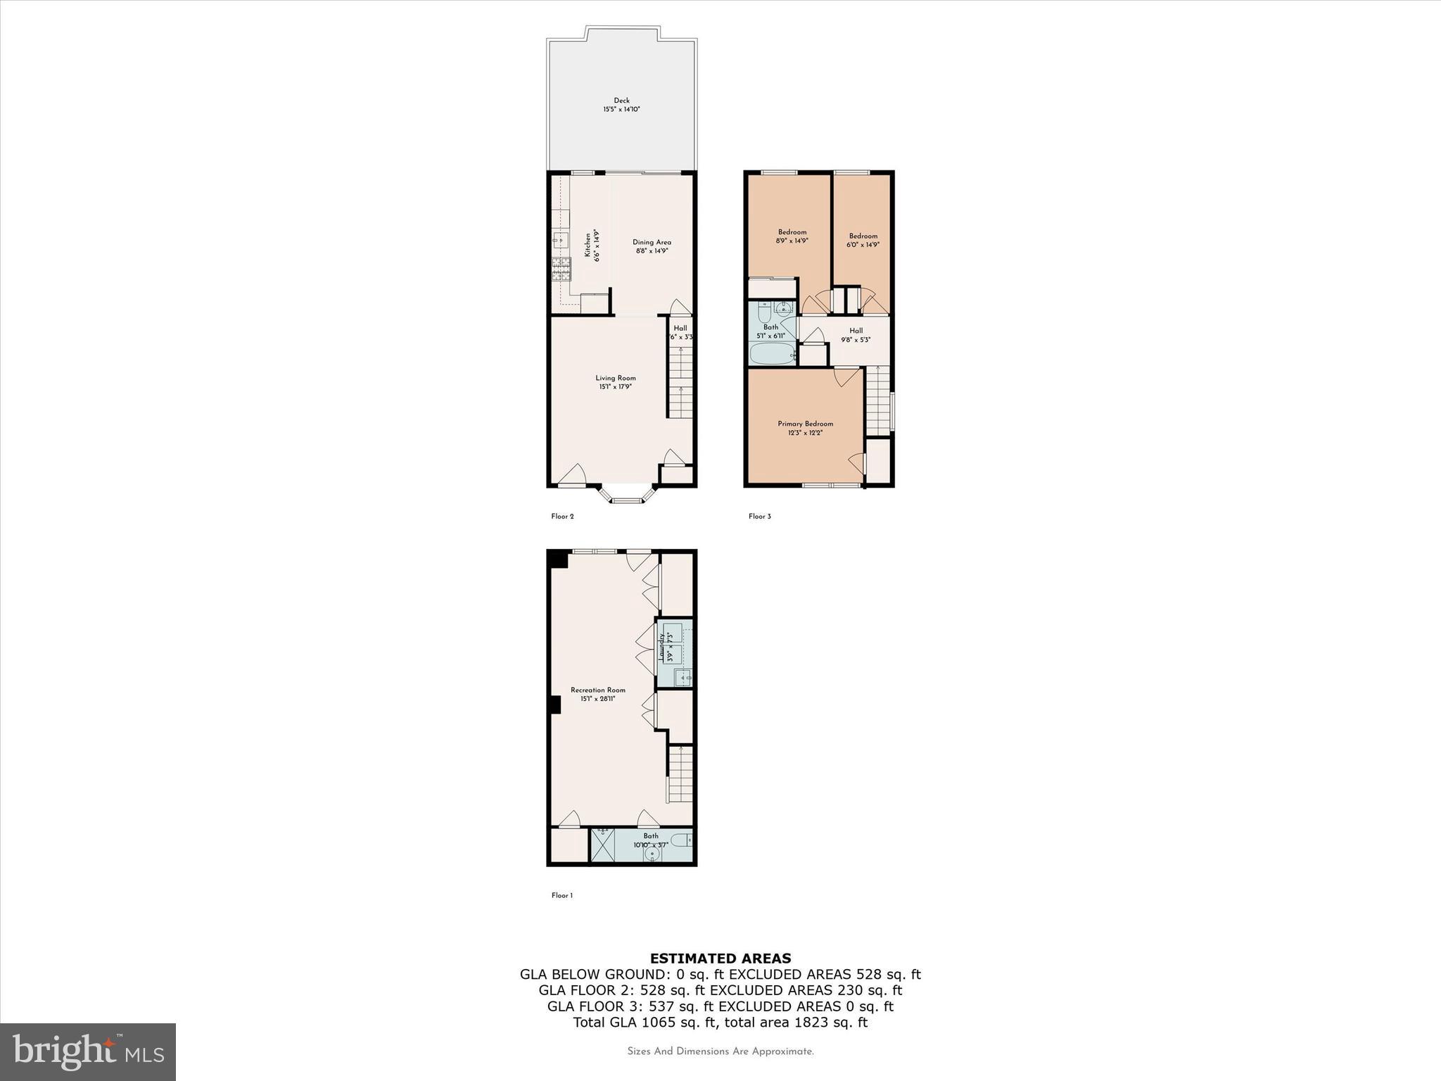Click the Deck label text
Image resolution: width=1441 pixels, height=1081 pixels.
(621, 101)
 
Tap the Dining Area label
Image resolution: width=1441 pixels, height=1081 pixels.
(652, 242)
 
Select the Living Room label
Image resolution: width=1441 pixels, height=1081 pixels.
(616, 378)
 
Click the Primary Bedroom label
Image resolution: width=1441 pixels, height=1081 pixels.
(805, 424)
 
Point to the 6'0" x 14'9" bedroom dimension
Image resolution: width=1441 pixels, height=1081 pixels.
(863, 245)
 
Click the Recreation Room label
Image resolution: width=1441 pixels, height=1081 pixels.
(597, 690)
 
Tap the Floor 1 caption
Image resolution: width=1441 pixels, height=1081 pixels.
(561, 895)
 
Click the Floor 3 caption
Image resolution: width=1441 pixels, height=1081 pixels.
(759, 516)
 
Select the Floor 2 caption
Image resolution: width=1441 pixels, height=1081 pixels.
(562, 516)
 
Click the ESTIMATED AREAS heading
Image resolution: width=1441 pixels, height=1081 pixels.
(720, 958)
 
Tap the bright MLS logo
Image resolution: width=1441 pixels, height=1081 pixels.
(88, 1051)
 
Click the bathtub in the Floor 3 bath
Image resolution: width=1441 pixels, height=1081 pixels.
(772, 354)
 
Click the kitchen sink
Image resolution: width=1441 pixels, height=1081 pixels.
(561, 240)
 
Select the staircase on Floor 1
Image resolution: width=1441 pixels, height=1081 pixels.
(680, 774)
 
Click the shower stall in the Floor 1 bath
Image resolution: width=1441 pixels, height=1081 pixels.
(602, 845)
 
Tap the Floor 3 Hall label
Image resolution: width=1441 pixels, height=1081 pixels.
(856, 331)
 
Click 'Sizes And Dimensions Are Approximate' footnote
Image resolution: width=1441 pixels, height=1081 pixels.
(720, 1051)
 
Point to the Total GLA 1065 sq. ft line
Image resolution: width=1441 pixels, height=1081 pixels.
(720, 1023)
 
